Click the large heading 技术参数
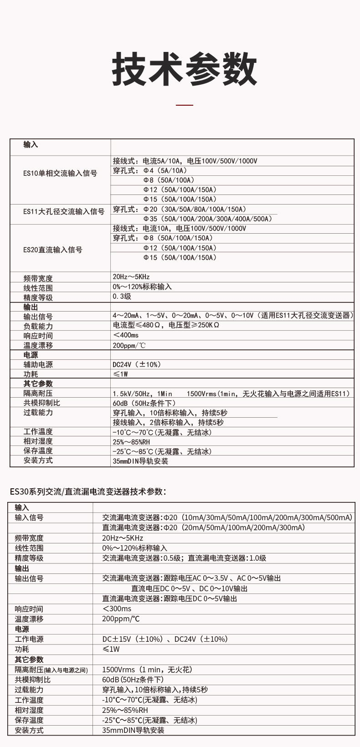[185, 69]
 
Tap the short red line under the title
[185, 105]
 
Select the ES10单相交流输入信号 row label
[60, 173]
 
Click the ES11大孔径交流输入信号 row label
[64, 211]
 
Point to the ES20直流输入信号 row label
[53, 250]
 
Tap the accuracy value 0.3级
[122, 297]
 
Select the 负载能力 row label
[38, 326]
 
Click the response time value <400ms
[126, 335]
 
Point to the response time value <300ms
[117, 609]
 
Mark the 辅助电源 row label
[38, 364]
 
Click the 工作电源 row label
[29, 639]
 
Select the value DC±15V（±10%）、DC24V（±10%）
[165, 639]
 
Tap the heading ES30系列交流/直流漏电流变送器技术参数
[88, 491]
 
